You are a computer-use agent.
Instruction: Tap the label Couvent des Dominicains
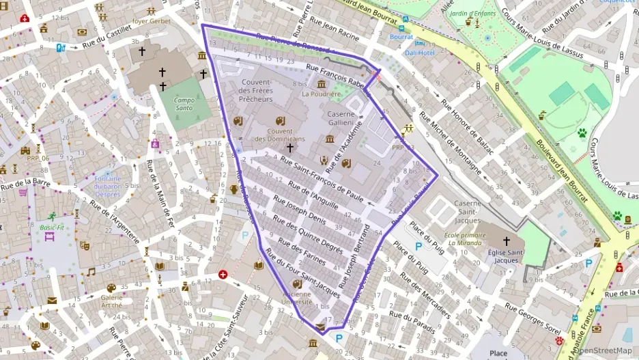(280, 135)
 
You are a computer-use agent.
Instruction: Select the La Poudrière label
(321, 94)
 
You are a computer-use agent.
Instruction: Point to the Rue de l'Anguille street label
(313, 194)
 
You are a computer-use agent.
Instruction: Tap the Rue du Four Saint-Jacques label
(302, 273)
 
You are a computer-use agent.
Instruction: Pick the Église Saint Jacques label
(507, 255)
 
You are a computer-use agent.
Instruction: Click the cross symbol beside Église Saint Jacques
(507, 241)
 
